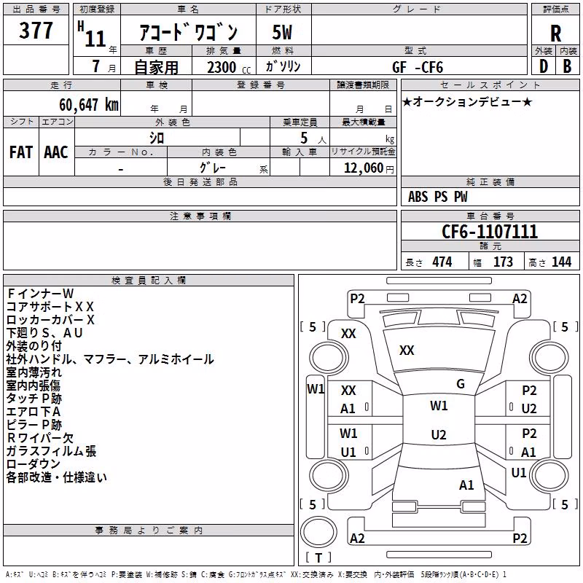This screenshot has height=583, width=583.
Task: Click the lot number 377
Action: (x=36, y=30)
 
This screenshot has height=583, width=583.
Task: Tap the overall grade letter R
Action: (x=555, y=34)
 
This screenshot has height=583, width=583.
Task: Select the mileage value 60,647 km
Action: (x=89, y=105)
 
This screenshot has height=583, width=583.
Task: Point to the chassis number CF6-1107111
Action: (x=490, y=232)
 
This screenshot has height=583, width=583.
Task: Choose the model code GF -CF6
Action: (x=418, y=67)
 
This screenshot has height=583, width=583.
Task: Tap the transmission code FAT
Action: (x=21, y=152)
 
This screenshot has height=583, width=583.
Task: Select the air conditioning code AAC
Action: (x=56, y=152)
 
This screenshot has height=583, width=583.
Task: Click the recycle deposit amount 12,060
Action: (x=364, y=168)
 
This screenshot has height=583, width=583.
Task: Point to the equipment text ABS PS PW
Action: (x=438, y=197)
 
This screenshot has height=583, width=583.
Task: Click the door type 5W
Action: (x=282, y=32)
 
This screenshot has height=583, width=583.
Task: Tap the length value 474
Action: (x=442, y=262)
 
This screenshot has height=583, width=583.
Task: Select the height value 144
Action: (x=561, y=262)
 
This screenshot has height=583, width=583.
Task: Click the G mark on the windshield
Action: (x=461, y=384)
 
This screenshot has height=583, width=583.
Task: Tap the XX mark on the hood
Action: (x=407, y=351)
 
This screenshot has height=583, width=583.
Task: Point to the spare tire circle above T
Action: (x=318, y=532)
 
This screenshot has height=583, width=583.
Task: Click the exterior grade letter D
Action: (x=544, y=67)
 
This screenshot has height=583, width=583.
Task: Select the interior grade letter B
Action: (x=567, y=67)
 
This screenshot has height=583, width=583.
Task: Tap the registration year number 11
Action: (x=95, y=39)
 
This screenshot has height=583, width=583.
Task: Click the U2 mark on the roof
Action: (x=439, y=434)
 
